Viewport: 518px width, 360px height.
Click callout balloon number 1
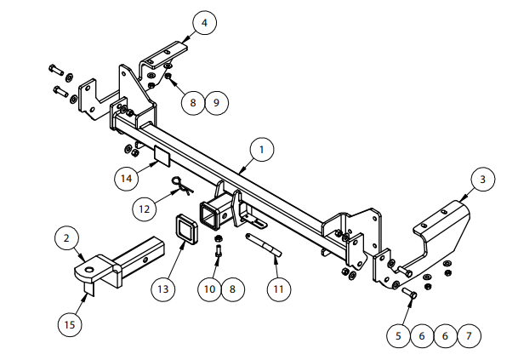click(x=262, y=150)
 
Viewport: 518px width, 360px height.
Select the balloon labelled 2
click(x=66, y=238)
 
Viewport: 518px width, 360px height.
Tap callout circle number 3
click(x=482, y=180)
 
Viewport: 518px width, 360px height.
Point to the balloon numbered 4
click(x=204, y=23)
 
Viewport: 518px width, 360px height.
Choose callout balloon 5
click(x=398, y=336)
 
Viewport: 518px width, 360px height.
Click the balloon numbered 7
click(x=469, y=336)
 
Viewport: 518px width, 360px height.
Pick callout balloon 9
click(x=216, y=102)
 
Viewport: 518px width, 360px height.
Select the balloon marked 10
click(x=209, y=289)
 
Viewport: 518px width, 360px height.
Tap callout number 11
click(x=279, y=289)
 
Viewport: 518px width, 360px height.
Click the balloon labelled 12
click(x=145, y=209)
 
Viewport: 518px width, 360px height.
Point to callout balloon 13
click(x=162, y=289)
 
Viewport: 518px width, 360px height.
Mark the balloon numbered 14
click(x=126, y=179)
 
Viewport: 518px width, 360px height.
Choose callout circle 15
click(x=70, y=324)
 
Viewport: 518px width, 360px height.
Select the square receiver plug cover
click(x=185, y=230)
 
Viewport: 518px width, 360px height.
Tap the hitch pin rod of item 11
click(x=264, y=245)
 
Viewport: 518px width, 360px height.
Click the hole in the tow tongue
click(x=89, y=270)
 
